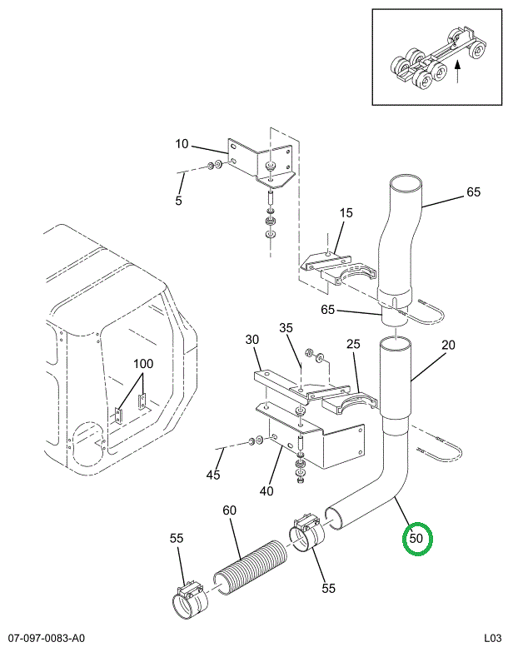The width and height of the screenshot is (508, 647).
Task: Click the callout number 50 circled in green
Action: tap(416, 538)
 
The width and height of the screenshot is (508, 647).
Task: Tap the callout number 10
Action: tap(182, 144)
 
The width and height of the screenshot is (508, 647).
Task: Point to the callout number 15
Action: tap(346, 214)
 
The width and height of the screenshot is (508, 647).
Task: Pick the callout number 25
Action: tap(353, 344)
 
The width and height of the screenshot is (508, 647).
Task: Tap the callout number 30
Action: tap(252, 340)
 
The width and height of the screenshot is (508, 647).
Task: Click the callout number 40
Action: tap(266, 490)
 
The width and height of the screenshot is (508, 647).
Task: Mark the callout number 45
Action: tap(214, 475)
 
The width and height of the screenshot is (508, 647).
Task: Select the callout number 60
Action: tap(229, 510)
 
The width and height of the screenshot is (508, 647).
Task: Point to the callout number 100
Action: tap(143, 364)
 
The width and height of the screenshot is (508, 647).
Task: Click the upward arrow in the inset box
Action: tap(459, 72)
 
